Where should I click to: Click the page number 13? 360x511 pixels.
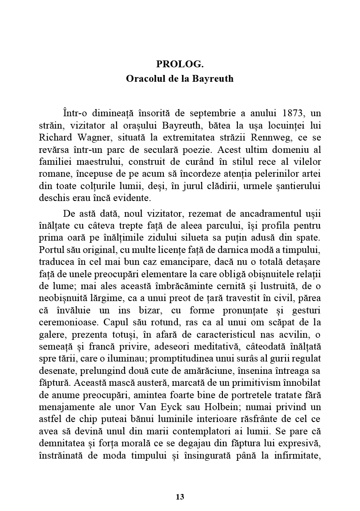180,497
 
